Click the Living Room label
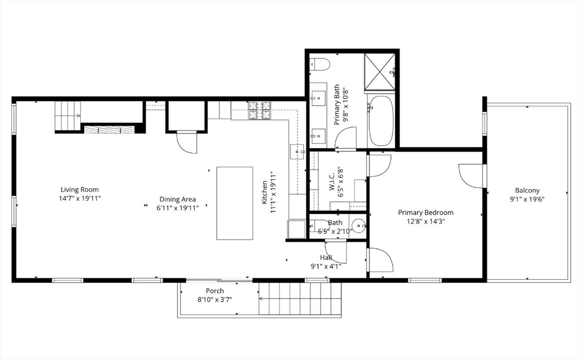[80, 189]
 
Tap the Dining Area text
[177, 199]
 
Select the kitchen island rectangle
[235, 203]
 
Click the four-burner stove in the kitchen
[260, 110]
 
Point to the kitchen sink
[297, 152]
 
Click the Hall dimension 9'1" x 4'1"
[326, 266]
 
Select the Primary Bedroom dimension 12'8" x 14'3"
[425, 222]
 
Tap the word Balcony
[527, 191]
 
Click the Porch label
[214, 291]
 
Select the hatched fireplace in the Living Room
[110, 129]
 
